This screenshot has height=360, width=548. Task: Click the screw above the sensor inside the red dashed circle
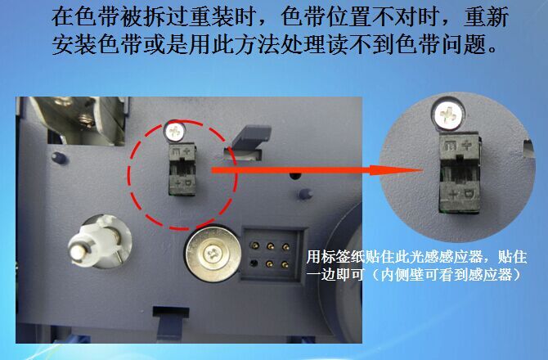(176, 131)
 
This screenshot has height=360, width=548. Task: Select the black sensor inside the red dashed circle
(182, 170)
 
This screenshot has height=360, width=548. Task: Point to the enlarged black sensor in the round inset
(460, 173)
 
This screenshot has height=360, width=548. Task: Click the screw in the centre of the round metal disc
(212, 253)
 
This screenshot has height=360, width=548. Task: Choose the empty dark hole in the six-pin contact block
(254, 263)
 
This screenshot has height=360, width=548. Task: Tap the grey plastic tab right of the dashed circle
(248, 139)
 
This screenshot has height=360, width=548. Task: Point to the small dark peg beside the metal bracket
(60, 157)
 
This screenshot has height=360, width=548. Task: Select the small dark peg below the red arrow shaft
(305, 195)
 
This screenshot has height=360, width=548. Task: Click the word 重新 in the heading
(486, 17)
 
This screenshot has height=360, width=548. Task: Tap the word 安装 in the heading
(74, 44)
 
